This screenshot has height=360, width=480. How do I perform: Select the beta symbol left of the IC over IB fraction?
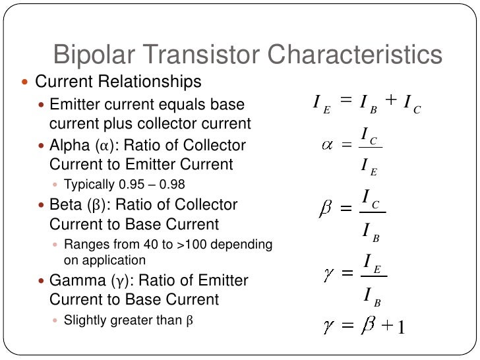[325, 208]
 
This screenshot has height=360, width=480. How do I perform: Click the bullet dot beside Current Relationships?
[26, 83]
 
